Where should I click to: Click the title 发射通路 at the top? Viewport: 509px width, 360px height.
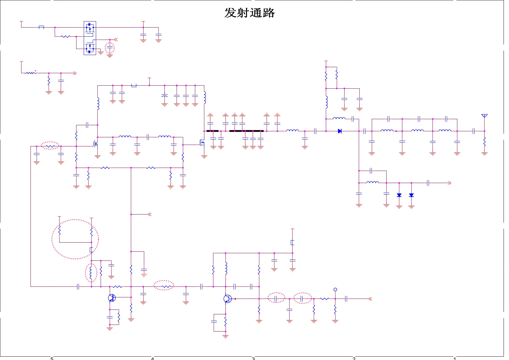coord(249,13)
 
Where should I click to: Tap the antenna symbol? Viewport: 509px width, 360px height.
coord(484,116)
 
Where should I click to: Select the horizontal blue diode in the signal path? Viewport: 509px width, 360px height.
coord(340,131)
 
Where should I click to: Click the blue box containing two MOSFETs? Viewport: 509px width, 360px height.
coord(90,38)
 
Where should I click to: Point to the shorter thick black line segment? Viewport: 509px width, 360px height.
coord(212,131)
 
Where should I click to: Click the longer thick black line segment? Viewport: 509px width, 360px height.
coord(246,131)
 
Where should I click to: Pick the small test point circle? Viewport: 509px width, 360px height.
coord(335,290)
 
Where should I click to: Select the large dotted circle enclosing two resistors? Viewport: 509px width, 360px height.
coord(75,239)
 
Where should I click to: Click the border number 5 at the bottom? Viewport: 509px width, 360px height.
coord(52,358)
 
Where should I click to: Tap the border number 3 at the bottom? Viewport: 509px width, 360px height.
coord(253,358)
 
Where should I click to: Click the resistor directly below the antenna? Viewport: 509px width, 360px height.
coord(484,142)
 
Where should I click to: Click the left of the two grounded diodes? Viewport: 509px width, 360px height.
coord(399,195)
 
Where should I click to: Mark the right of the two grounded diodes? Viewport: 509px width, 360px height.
coord(411,195)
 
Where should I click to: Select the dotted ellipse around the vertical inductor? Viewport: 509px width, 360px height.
coord(91,273)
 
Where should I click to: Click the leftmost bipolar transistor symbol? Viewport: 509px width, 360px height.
coord(112,298)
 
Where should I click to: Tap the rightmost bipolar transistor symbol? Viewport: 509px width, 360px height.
coord(227,299)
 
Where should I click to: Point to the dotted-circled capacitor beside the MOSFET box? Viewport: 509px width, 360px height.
coord(110,48)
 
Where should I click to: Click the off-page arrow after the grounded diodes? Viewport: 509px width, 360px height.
coord(449,183)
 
